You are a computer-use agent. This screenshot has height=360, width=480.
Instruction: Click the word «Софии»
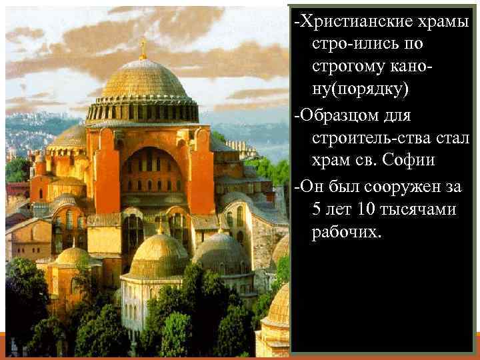[413, 162]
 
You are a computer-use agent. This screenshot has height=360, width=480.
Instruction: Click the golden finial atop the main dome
[142, 47]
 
